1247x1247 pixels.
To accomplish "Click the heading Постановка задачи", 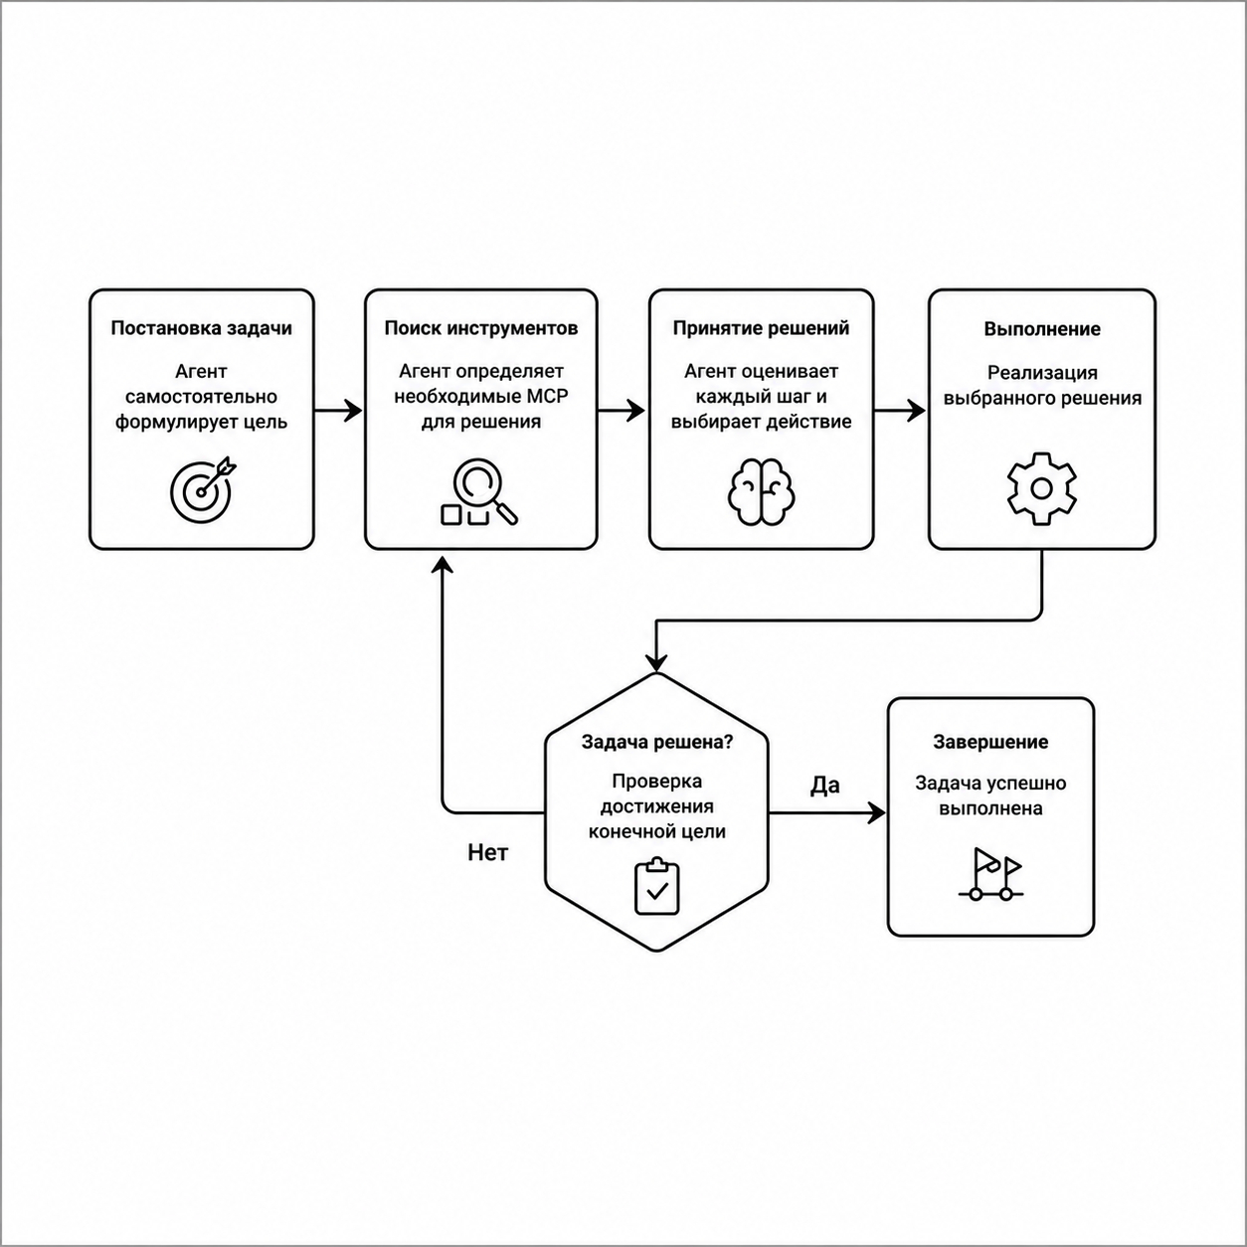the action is pos(201,328).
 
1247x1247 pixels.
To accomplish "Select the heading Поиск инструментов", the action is pos(481,328).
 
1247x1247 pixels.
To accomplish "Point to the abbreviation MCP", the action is pos(544,396).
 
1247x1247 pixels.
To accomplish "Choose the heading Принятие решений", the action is pos(761,328).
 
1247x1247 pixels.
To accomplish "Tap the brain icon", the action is pos(761,491).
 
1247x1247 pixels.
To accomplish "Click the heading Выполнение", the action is pos(1042,329).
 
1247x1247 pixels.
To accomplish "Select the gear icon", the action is pos(1041,488).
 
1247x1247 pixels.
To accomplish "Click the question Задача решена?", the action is pos(657,742).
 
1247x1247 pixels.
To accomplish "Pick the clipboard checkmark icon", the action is pos(657,887).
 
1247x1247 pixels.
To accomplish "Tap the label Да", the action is pos(825,786).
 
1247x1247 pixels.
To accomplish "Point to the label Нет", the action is pos(488,853).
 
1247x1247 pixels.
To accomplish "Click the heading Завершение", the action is pos(990,742).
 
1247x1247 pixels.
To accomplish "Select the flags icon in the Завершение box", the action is pos(990,874).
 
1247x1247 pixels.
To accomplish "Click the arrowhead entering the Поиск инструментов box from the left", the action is pos(353,411).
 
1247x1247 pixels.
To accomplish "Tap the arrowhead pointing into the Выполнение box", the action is pos(916,411).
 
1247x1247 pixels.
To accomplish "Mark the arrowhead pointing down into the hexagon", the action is pos(656,663).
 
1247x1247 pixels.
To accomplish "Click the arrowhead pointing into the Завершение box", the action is pos(875,812).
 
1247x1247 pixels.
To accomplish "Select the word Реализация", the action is pos(1042,373).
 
